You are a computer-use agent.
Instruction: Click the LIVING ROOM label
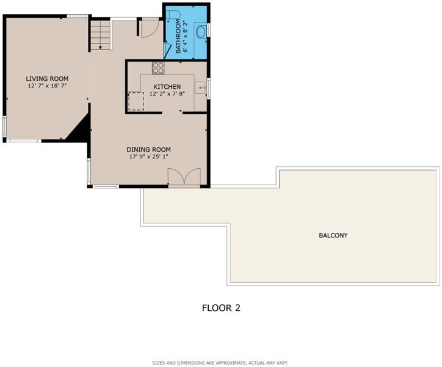(47, 78)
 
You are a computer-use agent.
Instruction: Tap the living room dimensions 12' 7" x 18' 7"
(47, 86)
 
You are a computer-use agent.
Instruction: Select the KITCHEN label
(167, 87)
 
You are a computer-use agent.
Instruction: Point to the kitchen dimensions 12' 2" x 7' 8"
(167, 94)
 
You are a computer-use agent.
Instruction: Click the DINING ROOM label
(148, 149)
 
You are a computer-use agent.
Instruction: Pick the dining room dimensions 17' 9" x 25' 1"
(148, 157)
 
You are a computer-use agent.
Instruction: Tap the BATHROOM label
(178, 36)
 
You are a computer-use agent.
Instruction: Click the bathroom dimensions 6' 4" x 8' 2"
(185, 36)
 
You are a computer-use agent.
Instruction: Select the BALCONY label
(333, 235)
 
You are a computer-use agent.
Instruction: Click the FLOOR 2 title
(221, 308)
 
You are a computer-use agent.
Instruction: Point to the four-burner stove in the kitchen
(158, 68)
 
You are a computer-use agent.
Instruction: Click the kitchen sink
(200, 88)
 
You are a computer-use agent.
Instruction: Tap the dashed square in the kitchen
(136, 101)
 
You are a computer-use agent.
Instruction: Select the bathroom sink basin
(201, 32)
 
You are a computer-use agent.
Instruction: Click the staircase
(101, 34)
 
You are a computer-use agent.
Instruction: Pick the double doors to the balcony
(184, 177)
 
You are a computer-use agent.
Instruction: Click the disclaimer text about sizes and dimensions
(220, 363)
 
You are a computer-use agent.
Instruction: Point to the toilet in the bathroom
(172, 15)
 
